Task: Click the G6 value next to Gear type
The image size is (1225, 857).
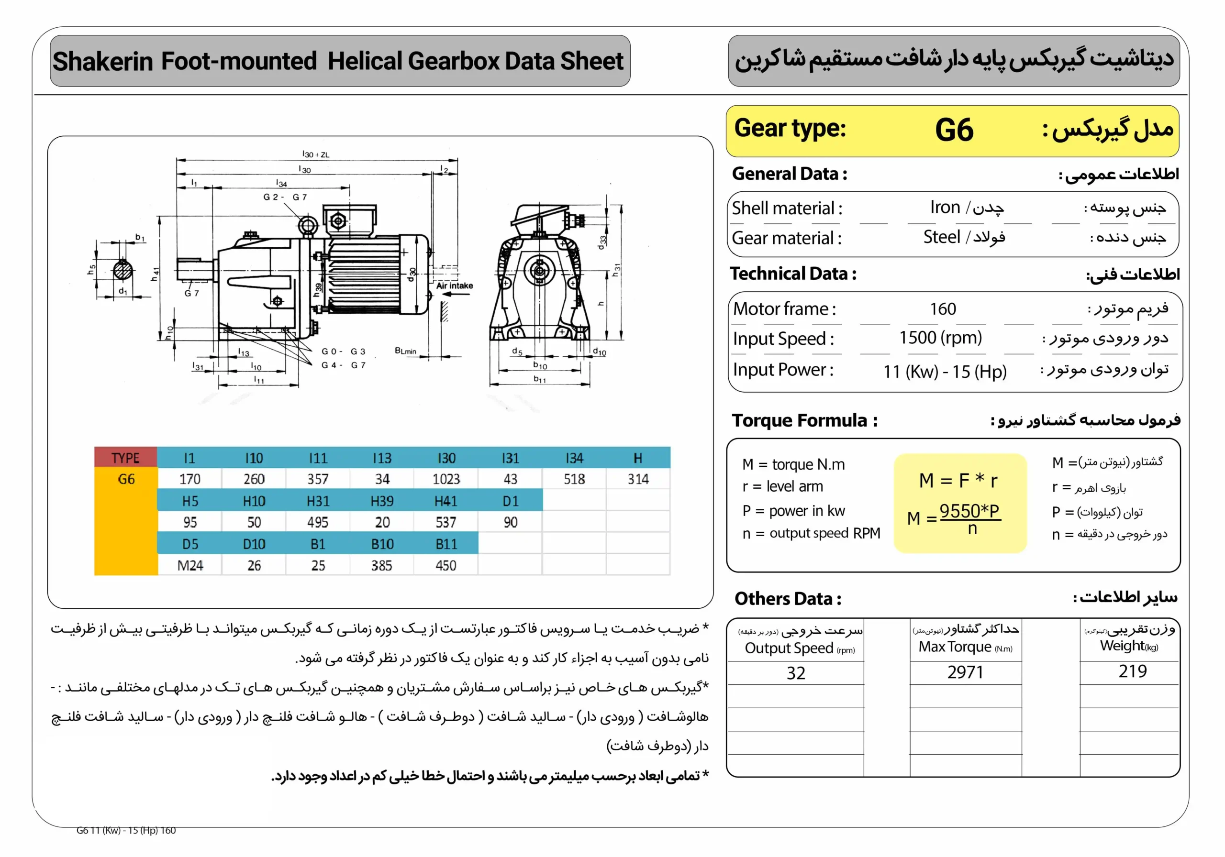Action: coord(954,130)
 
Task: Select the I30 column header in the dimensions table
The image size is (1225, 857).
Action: coord(446,458)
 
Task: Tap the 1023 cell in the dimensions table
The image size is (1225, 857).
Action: coord(446,479)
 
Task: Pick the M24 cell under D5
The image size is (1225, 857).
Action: coord(190,565)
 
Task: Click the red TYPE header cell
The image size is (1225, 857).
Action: coord(125,458)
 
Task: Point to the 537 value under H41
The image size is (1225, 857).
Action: coord(446,522)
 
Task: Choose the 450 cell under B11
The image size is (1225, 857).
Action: coord(446,565)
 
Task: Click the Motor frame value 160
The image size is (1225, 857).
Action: coord(943,309)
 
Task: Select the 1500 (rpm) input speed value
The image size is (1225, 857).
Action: coord(940,338)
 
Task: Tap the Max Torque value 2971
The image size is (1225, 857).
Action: coord(965,672)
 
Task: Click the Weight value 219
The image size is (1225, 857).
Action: coord(1132,671)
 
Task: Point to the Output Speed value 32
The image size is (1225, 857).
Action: coord(795,673)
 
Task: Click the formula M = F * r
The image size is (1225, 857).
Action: coord(958,481)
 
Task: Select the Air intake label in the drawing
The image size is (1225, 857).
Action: coord(455,286)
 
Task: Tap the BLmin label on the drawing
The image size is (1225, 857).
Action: coord(405,351)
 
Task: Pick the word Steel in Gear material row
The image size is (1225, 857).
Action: coord(942,237)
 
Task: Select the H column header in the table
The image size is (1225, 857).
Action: coord(637,458)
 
